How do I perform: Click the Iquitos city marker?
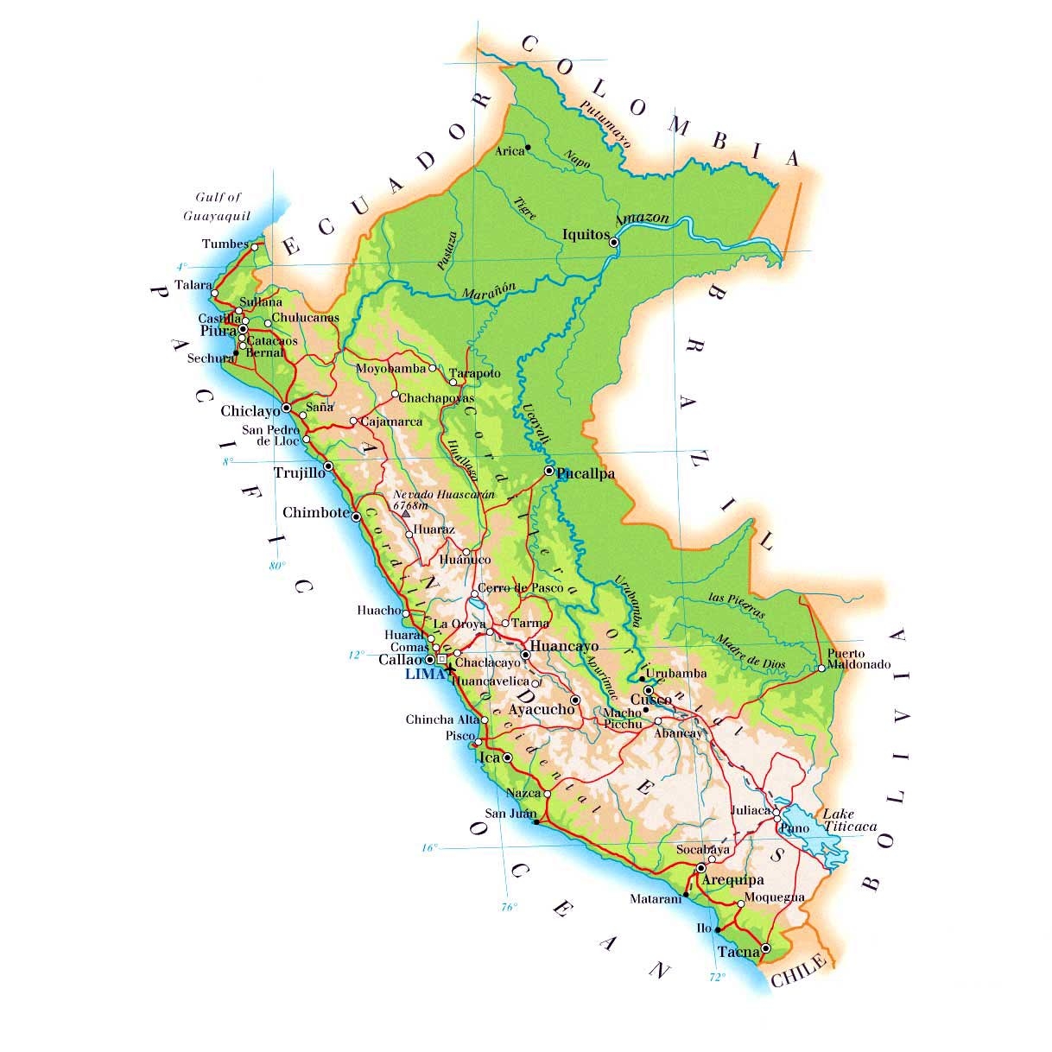614,243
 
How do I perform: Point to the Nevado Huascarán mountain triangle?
405,514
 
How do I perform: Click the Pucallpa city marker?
549,471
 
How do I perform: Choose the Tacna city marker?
766,947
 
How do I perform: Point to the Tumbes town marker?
254,246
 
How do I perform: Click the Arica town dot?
528,147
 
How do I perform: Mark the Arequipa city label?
732,880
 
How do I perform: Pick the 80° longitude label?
276,567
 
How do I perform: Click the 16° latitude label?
429,848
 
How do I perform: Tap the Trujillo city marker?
328,466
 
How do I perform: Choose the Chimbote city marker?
356,516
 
